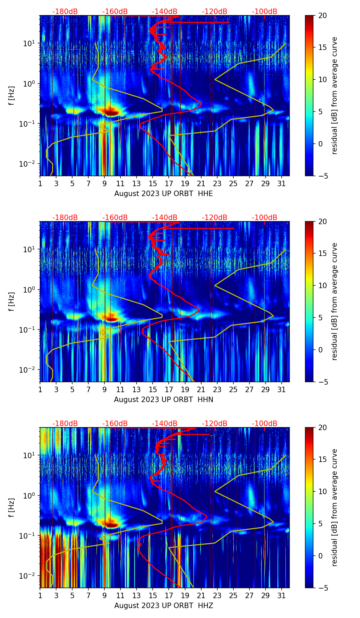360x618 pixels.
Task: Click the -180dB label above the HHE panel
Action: coord(65,12)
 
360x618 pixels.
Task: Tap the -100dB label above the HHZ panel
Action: coord(265,424)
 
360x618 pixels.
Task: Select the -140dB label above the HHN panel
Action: coord(165,218)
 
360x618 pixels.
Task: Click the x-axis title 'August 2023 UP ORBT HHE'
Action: coord(164,194)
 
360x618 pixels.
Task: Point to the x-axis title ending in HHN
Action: coord(164,400)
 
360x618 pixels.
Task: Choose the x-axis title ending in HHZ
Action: coord(164,606)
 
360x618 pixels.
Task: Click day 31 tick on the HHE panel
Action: coord(282,183)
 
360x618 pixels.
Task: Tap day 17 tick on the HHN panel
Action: coord(169,389)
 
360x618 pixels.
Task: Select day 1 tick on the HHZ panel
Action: coord(40,595)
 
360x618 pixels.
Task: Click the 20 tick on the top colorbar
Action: coord(322,16)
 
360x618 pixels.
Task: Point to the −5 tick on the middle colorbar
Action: coord(322,382)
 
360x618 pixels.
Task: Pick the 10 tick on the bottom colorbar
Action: coord(322,491)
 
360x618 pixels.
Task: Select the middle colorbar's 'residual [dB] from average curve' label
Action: coord(335,301)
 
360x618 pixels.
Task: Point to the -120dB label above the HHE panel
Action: coord(215,12)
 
